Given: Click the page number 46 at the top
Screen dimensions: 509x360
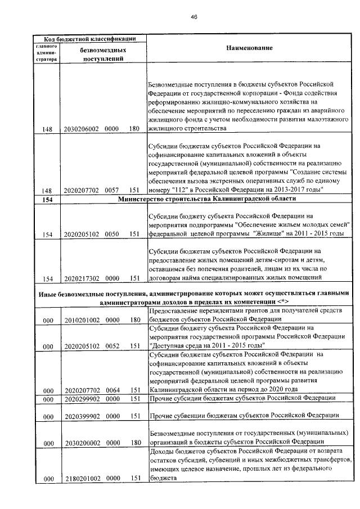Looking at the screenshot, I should tap(193, 17).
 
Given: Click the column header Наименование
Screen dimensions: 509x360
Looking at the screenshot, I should tap(250, 48).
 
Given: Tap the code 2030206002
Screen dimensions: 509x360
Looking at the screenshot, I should tap(82, 129).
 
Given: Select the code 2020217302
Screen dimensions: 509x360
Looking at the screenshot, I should tap(82, 278).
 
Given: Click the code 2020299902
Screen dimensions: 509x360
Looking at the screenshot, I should tap(82, 399).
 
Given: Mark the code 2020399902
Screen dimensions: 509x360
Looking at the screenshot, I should tap(82, 416).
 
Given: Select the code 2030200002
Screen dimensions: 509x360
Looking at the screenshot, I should tap(82, 442).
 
